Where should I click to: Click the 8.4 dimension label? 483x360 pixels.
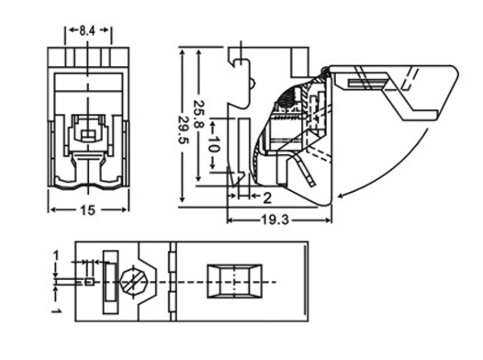click(x=87, y=30)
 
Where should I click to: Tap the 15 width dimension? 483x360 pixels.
click(x=87, y=210)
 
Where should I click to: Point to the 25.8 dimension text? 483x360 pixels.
click(x=199, y=114)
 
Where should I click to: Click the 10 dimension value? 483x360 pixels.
click(x=213, y=144)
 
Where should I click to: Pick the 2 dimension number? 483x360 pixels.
click(x=267, y=198)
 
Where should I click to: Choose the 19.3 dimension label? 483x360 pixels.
click(x=275, y=219)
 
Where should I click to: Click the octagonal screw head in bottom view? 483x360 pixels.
click(x=134, y=281)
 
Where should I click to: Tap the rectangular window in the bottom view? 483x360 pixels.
click(x=235, y=281)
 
